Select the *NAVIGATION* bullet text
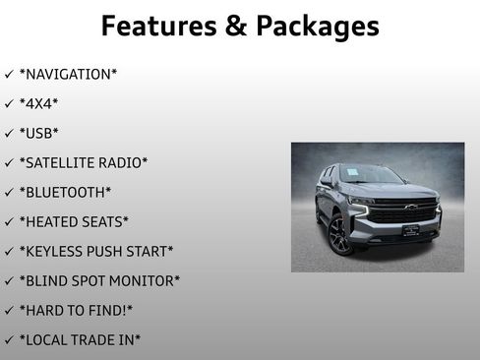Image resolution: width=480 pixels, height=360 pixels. pos(66,75)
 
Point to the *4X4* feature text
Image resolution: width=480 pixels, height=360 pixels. pos(39,104)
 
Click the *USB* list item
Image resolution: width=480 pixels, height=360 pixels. pos(39,134)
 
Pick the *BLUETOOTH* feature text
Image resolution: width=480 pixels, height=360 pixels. pos(65,193)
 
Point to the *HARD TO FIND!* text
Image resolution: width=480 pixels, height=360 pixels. pos(76,311)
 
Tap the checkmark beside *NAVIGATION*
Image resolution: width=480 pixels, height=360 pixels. pos(9,75)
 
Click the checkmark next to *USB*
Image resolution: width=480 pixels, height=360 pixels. pos(9,134)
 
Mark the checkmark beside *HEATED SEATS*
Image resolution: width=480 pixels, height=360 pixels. pos(9,222)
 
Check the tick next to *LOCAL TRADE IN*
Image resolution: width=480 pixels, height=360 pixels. pos(9,340)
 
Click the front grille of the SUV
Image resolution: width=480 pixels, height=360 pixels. pos(404,212)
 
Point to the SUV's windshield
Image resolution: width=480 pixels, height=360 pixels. pos(368,176)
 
